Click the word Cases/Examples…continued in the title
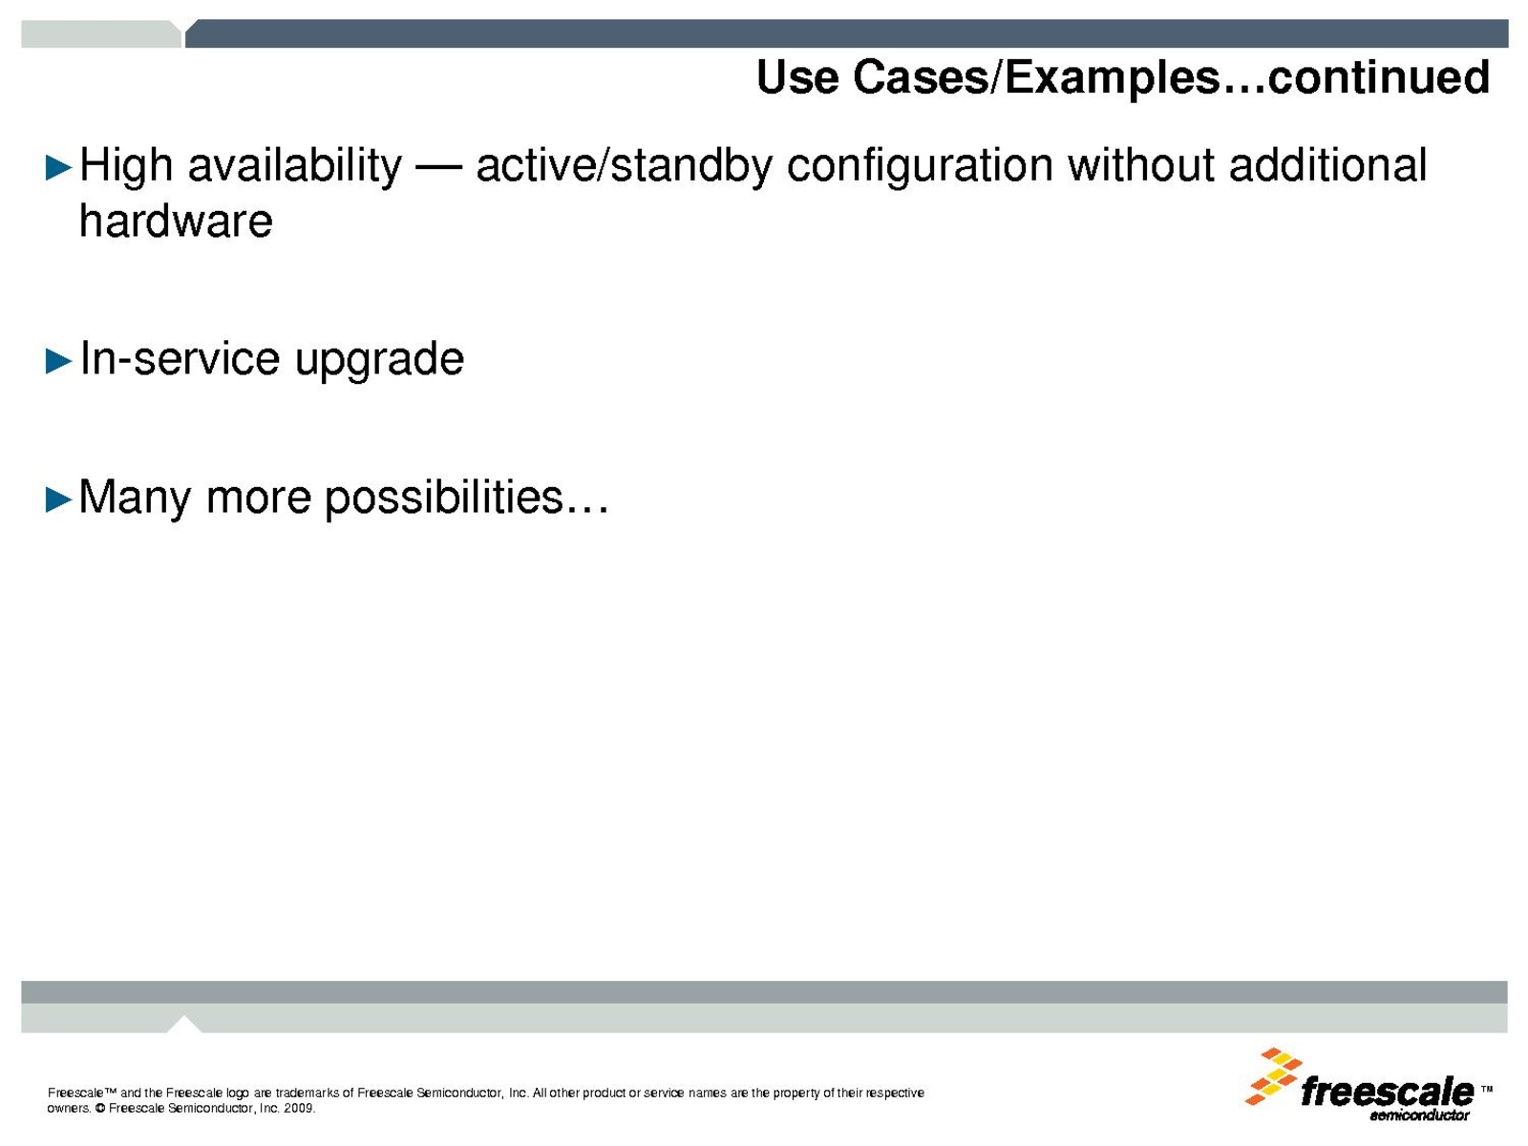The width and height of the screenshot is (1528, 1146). point(1171,78)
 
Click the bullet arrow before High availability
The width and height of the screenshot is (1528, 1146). point(58,168)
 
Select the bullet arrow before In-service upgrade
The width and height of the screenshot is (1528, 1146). point(58,361)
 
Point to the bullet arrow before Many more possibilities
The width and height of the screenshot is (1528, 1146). point(58,499)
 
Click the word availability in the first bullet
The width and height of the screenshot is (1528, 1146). point(294,167)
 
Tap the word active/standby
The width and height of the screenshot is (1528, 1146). point(625,167)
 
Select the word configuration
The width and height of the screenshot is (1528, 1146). point(920,167)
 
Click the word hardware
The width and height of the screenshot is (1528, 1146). point(176,221)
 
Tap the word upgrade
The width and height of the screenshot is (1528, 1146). point(379,360)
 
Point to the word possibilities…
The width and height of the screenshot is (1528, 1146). point(467,499)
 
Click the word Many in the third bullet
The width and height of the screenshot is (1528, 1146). point(135,499)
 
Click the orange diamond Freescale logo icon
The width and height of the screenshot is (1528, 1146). point(1273,1075)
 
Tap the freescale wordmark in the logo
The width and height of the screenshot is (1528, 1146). point(1387,1092)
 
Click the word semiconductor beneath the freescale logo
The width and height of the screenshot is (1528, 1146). point(1419,1115)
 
